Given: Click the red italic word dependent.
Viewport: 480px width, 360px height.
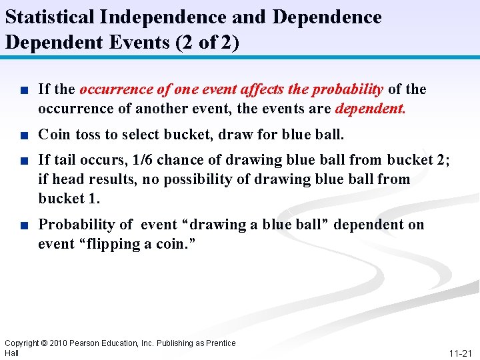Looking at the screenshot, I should (x=370, y=108).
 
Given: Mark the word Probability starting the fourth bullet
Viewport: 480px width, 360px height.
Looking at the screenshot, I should (x=76, y=224).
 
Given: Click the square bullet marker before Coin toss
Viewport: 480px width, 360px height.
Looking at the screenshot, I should (x=25, y=135).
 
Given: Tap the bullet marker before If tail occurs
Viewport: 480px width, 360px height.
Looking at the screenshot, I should (x=25, y=161).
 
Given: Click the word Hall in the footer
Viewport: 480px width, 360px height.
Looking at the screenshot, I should (x=12, y=353).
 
